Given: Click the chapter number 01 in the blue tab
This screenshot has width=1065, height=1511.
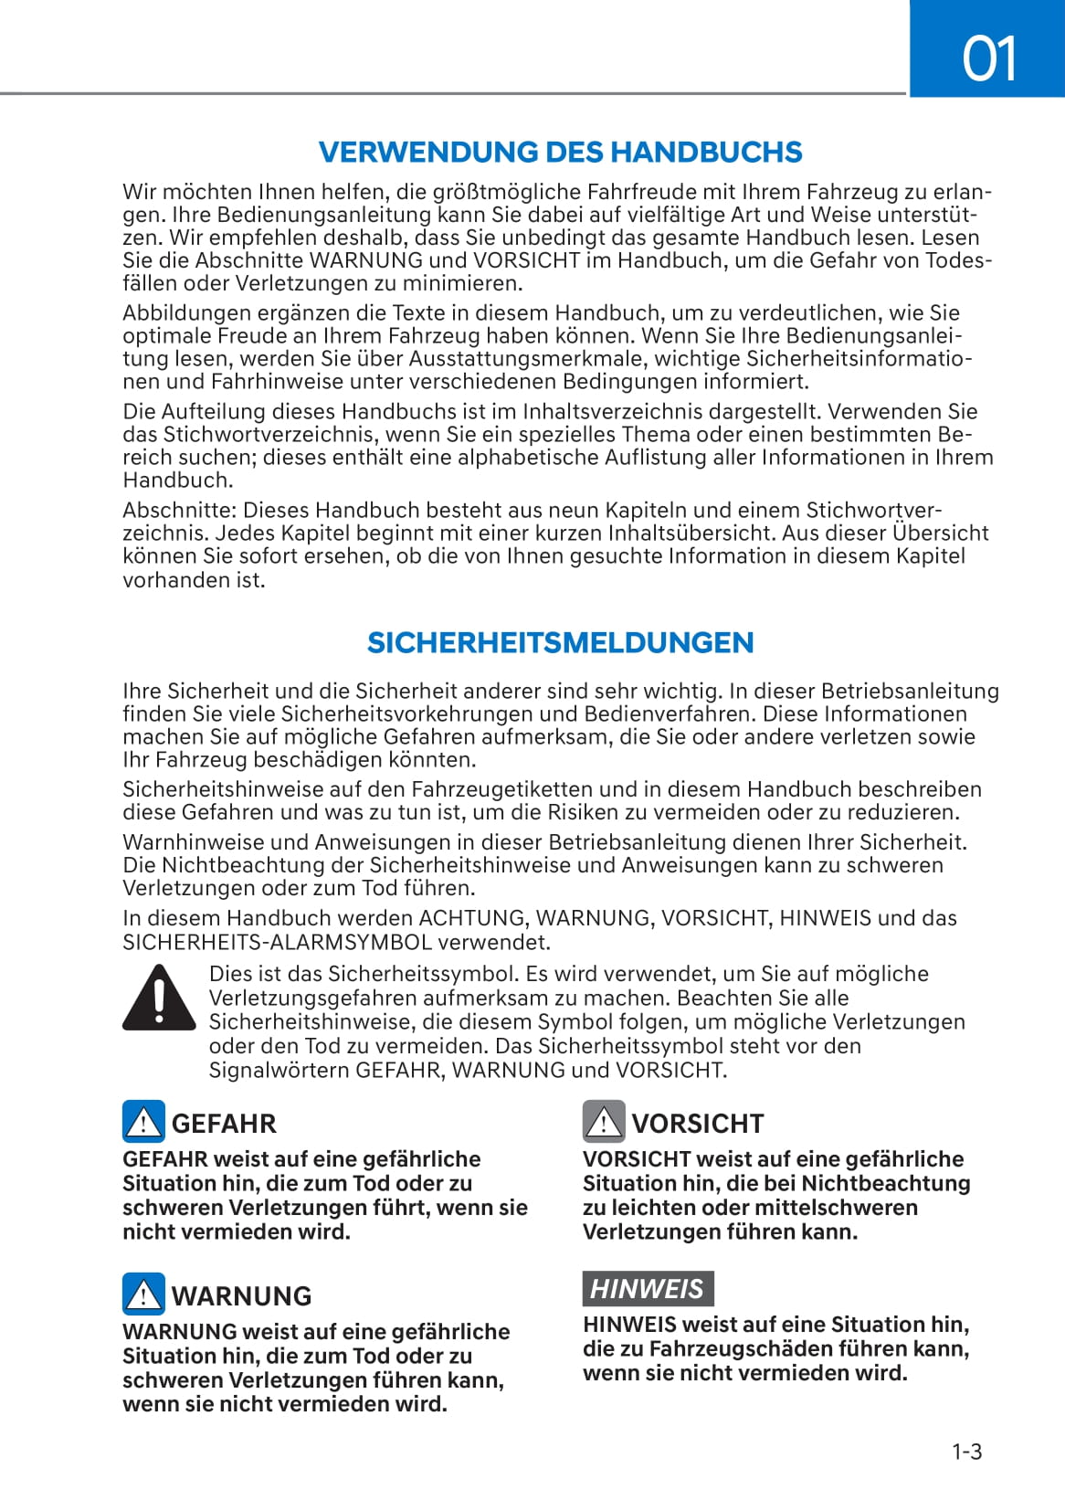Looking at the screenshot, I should coord(989,59).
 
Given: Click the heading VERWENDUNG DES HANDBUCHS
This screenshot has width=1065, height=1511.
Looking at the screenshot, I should coord(560,152).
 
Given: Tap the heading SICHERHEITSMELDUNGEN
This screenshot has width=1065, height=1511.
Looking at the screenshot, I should coord(560,642).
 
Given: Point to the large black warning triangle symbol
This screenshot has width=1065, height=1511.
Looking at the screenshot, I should coord(159,997).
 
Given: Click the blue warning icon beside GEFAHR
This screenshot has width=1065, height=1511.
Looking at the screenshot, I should coord(143,1122).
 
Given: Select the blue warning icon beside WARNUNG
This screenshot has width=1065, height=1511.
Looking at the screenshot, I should coord(143,1294).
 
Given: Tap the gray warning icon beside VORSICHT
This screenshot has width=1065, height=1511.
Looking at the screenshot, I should coord(604,1122).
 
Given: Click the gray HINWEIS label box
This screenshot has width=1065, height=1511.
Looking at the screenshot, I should coord(648,1288).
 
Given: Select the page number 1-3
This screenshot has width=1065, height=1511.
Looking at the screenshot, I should coord(966,1452).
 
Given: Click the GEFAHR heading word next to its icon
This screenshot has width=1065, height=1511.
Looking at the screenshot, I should coord(224,1124).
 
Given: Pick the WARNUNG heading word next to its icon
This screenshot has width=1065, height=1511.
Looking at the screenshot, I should coord(241,1296).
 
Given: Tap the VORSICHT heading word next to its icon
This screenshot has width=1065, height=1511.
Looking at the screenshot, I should coord(698,1124).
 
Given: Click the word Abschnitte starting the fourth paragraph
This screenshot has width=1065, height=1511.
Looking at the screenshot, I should coord(179,510).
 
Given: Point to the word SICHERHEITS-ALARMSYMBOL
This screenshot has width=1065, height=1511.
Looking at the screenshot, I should coord(278,942).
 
